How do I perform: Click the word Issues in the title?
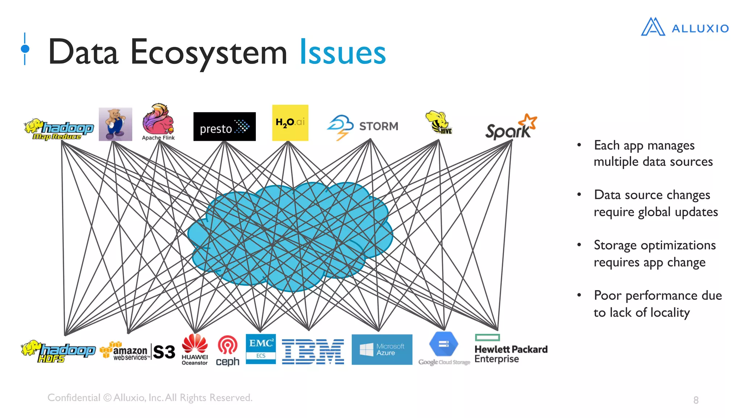[x=342, y=53]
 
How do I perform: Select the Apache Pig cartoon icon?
[x=115, y=124]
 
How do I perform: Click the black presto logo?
[x=224, y=127]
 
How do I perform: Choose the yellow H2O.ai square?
[x=290, y=123]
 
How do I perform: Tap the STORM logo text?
[x=378, y=126]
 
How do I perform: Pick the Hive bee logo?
[x=438, y=123]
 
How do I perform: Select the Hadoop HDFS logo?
[x=58, y=351]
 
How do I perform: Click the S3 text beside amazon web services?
[x=164, y=352]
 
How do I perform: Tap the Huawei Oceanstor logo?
[x=195, y=349]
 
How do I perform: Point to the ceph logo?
[x=228, y=351]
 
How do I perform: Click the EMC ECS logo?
[x=260, y=349]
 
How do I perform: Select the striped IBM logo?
[x=313, y=352]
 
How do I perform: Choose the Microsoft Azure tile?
[x=382, y=349]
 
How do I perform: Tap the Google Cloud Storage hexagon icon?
[x=443, y=344]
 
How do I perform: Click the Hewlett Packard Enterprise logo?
[x=510, y=349]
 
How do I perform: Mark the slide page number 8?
[x=696, y=400]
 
